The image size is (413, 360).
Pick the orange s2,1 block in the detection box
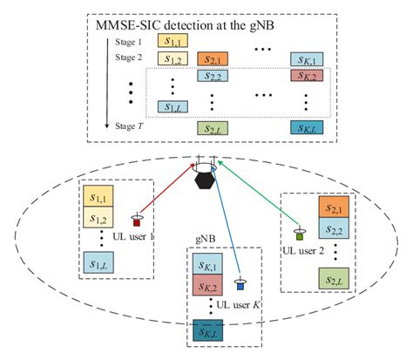click(x=211, y=59)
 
